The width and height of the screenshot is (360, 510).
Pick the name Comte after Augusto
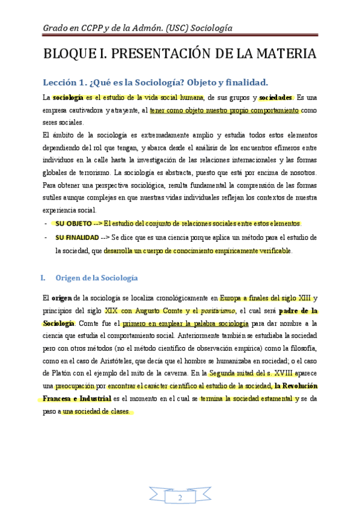[x=169, y=311]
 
